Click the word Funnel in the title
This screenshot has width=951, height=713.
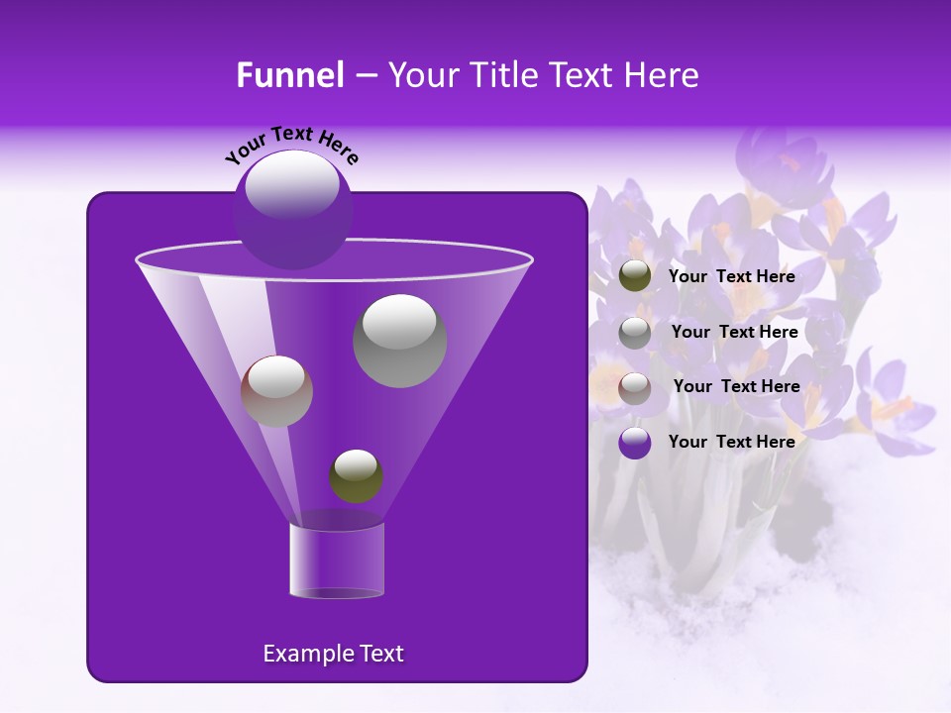coord(289,75)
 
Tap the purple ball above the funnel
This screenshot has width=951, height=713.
coord(292,210)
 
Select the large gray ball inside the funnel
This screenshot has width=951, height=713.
coord(400,341)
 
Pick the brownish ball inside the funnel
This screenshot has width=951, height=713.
coord(276,391)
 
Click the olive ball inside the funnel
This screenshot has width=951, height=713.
coord(357,476)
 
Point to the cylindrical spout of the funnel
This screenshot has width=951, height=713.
coord(337,560)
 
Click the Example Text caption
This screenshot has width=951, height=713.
coord(333,654)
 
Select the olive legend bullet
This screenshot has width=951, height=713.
coord(635,276)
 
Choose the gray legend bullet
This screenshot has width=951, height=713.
coord(635,333)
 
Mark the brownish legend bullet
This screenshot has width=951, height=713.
coord(635,388)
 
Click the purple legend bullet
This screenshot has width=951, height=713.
coord(635,443)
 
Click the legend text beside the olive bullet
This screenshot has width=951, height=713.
coord(732,277)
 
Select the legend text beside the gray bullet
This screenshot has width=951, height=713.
coord(734,333)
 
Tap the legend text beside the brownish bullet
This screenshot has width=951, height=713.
coord(736,387)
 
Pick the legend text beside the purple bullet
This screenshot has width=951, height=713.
coord(732,443)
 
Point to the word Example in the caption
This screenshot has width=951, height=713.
coord(302,654)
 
